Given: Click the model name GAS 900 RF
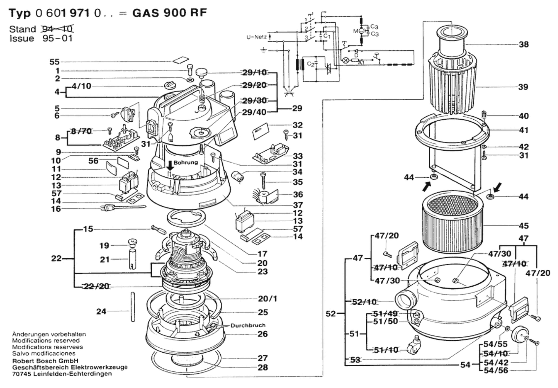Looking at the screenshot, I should pos(169,13).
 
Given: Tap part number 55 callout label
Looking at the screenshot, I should pos(54,62).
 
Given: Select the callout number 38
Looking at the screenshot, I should pos(523,44).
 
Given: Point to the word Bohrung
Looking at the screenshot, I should pos(186,162).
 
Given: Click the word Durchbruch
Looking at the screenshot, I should pos(248,325).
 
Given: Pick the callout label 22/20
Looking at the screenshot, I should pos(96,286).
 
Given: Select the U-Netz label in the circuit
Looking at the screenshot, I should pos(256,37).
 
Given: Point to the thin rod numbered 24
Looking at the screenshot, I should pos(133,307).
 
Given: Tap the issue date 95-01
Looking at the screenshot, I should pos(57,38).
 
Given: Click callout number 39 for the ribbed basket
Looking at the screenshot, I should pos(523,87).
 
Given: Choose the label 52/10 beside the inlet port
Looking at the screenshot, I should pos(364,302).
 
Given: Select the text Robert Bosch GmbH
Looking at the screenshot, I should pos(45,361).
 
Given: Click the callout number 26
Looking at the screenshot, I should pos(262,334).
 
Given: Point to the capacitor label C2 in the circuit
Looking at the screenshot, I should pos(310,64).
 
